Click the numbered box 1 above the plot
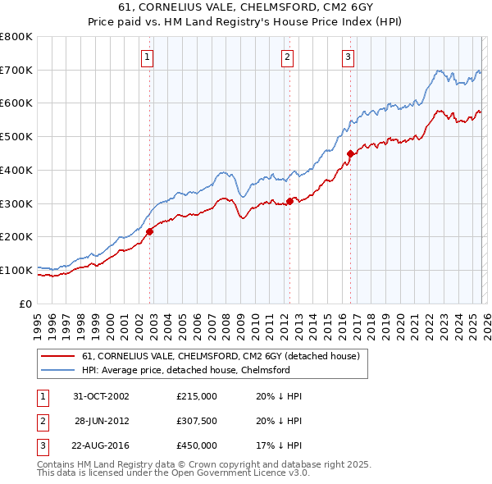click(147, 57)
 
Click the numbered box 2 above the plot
click(288, 57)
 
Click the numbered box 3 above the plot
click(348, 57)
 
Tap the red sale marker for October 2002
click(150, 232)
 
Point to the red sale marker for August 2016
click(350, 153)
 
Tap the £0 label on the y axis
click(25, 304)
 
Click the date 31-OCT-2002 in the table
click(102, 396)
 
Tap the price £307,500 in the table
click(197, 421)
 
